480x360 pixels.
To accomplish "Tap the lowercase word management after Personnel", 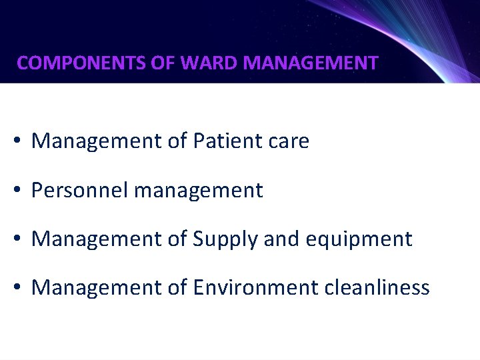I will click(x=198, y=191).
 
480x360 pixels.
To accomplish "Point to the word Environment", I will click(x=255, y=287).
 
